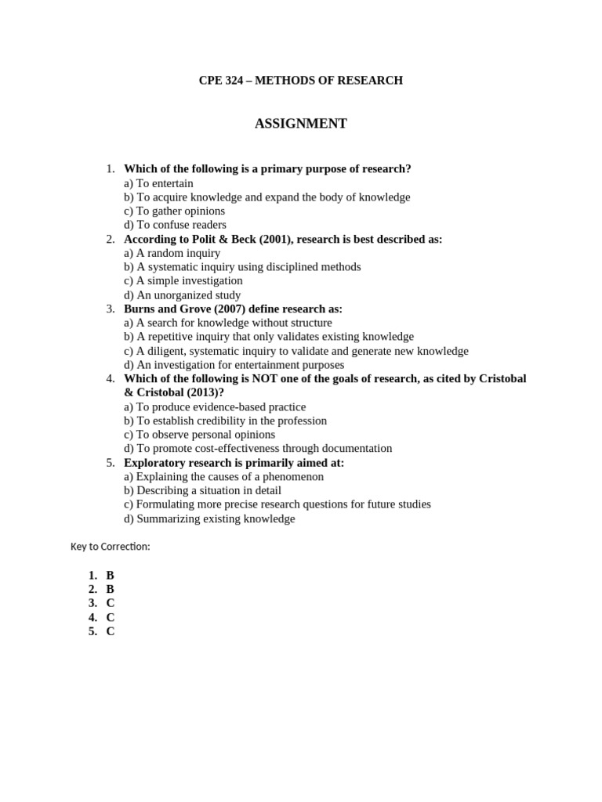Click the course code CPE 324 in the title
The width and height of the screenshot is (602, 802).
[x=220, y=80]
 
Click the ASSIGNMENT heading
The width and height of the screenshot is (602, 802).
[x=300, y=124]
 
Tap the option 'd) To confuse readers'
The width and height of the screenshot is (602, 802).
[x=175, y=225]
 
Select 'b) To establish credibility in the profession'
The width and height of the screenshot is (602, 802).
[x=225, y=421]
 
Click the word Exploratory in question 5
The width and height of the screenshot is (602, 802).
[x=154, y=463]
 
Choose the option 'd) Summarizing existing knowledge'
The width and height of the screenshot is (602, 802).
[x=209, y=518]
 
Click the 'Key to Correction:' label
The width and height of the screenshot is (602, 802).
[x=110, y=547]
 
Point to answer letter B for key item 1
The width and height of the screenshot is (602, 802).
[x=111, y=575]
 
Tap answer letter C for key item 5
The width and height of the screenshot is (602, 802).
[x=111, y=631]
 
